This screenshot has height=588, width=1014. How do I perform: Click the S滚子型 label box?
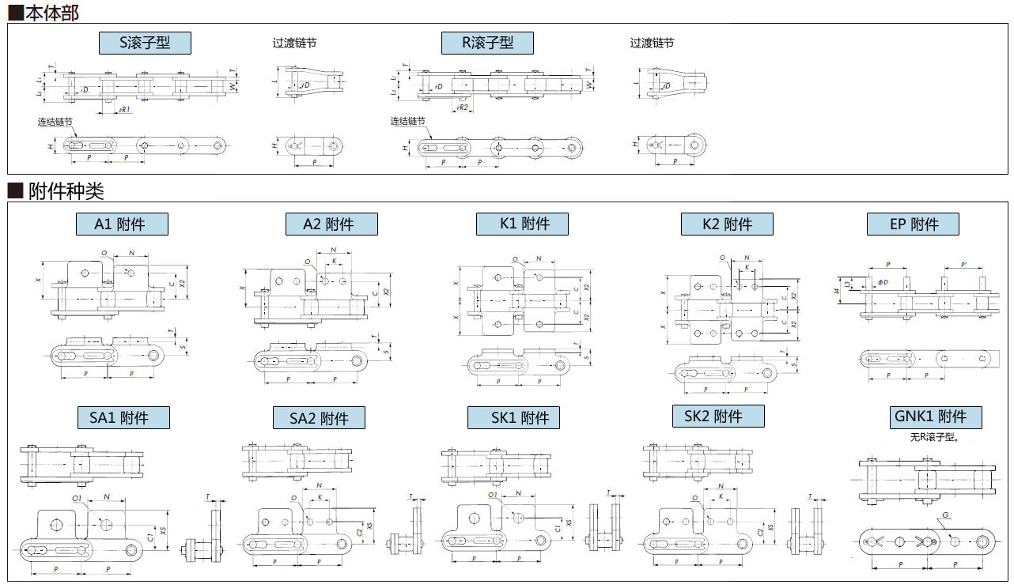tap(145, 43)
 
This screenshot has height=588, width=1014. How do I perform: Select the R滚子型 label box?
tap(487, 43)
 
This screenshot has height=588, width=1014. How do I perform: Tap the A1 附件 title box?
tap(122, 224)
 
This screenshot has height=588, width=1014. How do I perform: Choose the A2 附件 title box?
tap(331, 224)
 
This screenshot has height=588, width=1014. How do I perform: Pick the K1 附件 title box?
tap(522, 224)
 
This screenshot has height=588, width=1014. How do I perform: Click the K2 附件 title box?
tap(727, 224)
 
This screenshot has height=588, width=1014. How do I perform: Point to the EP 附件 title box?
tap(913, 224)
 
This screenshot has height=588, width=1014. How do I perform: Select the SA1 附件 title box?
tap(123, 417)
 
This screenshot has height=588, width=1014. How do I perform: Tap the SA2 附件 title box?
tap(319, 418)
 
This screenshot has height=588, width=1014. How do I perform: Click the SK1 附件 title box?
tap(513, 417)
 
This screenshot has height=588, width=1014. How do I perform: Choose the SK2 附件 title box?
tap(718, 416)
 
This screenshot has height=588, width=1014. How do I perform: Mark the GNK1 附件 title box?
tap(936, 417)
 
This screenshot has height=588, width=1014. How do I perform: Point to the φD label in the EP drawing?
tap(883, 282)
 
